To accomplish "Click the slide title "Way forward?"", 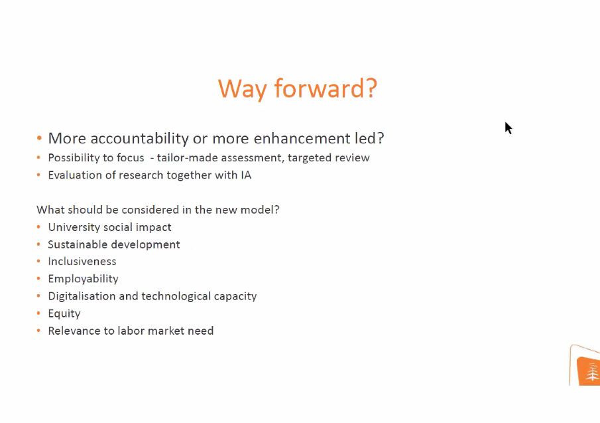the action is (x=298, y=89).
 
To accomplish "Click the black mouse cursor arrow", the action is (x=508, y=128).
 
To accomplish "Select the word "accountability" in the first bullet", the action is (x=140, y=139).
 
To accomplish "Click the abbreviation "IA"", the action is (x=246, y=175).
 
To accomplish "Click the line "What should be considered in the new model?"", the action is (x=158, y=210).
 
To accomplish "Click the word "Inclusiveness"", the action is (x=82, y=262).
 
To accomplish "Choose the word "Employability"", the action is (x=83, y=279).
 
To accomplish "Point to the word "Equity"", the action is (x=64, y=314).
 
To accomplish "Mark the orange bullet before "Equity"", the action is (x=38, y=313).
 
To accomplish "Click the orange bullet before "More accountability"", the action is (x=39, y=137).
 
